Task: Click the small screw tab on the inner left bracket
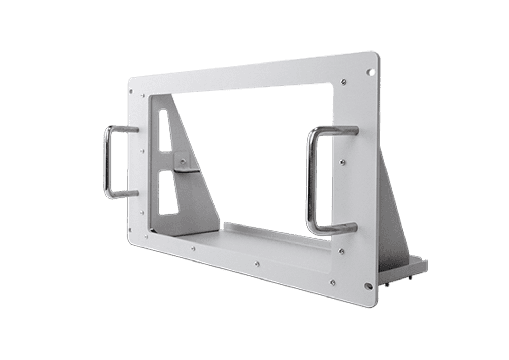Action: click(x=182, y=162)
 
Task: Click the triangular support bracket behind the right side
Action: click(x=394, y=211)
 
